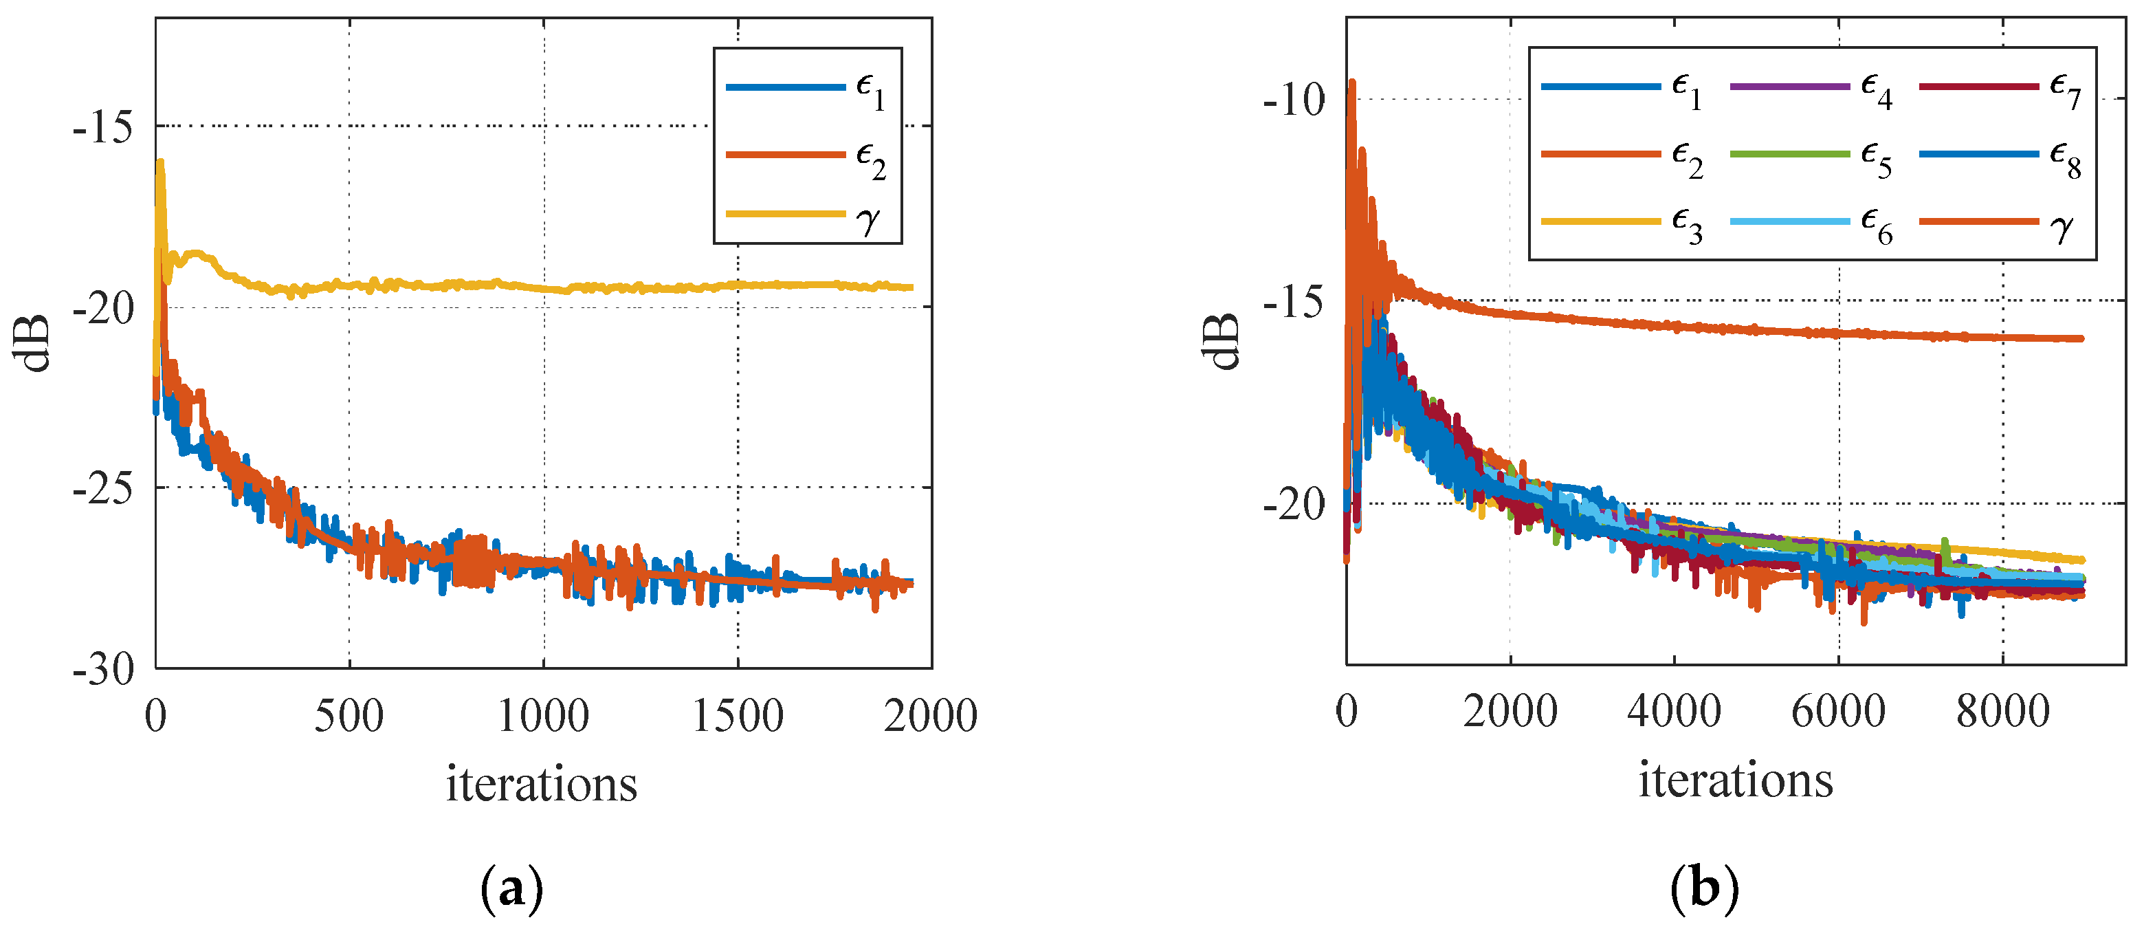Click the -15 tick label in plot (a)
coord(102,129)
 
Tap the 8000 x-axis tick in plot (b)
coord(2002,712)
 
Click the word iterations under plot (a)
coord(542,784)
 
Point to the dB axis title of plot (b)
coord(1220,341)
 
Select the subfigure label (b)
coord(1705,889)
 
